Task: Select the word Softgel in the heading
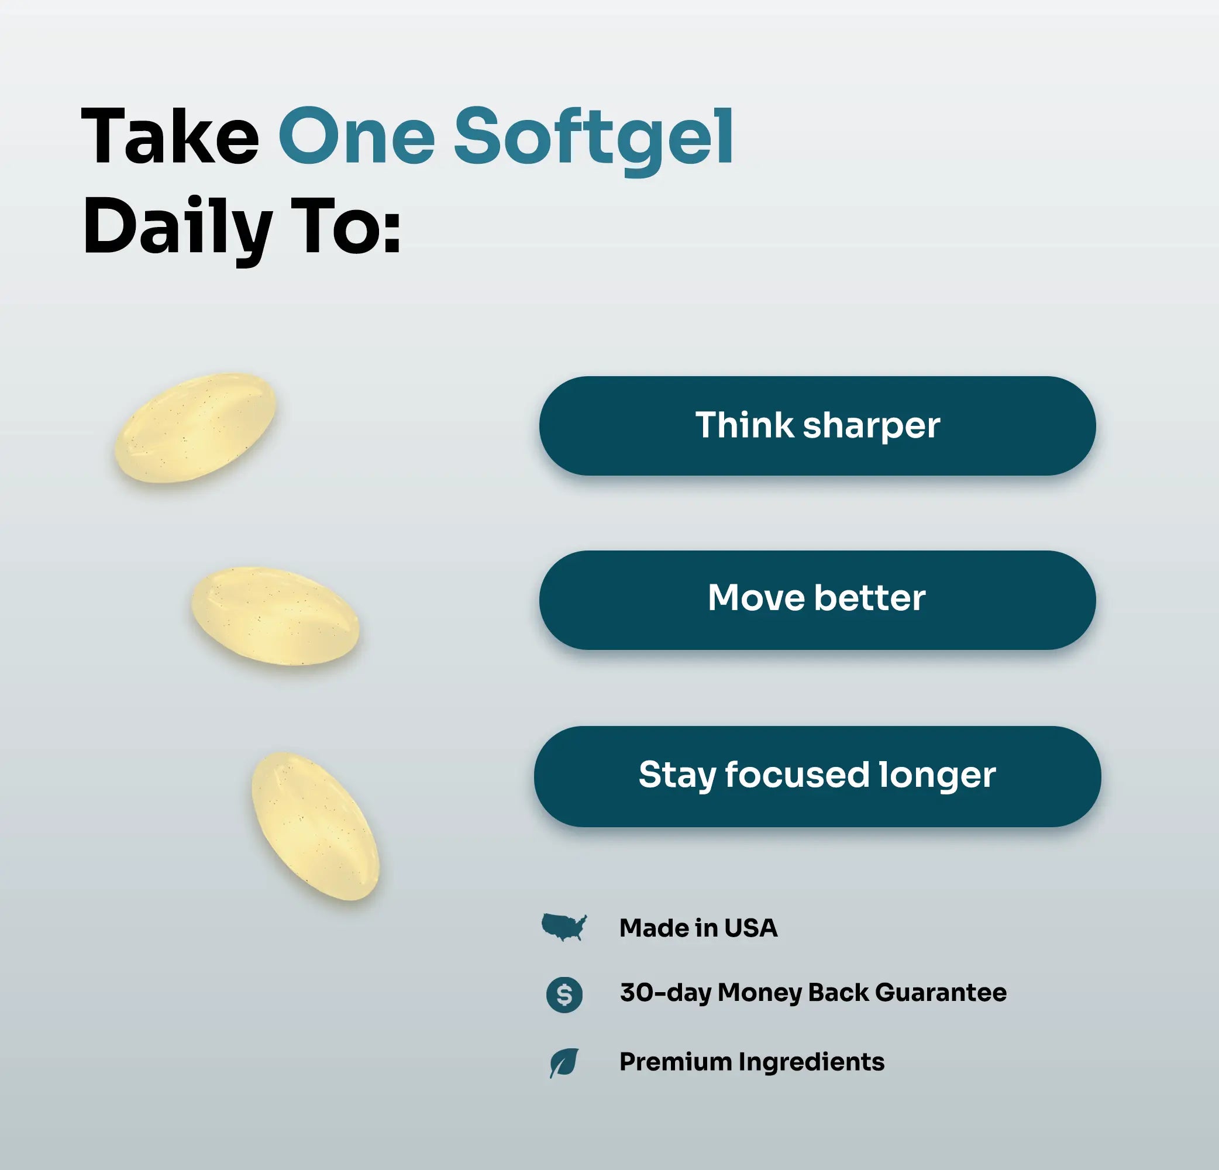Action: pos(594,140)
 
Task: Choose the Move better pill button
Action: pos(817,600)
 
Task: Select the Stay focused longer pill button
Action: pos(817,776)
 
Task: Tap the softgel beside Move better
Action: pos(275,616)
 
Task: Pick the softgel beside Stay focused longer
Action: pos(315,826)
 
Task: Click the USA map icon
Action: pos(564,927)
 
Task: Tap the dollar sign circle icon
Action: pos(564,994)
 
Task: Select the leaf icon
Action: pos(564,1062)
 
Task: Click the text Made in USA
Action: pos(698,928)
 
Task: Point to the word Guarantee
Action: pos(941,993)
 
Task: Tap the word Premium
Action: pos(676,1062)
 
